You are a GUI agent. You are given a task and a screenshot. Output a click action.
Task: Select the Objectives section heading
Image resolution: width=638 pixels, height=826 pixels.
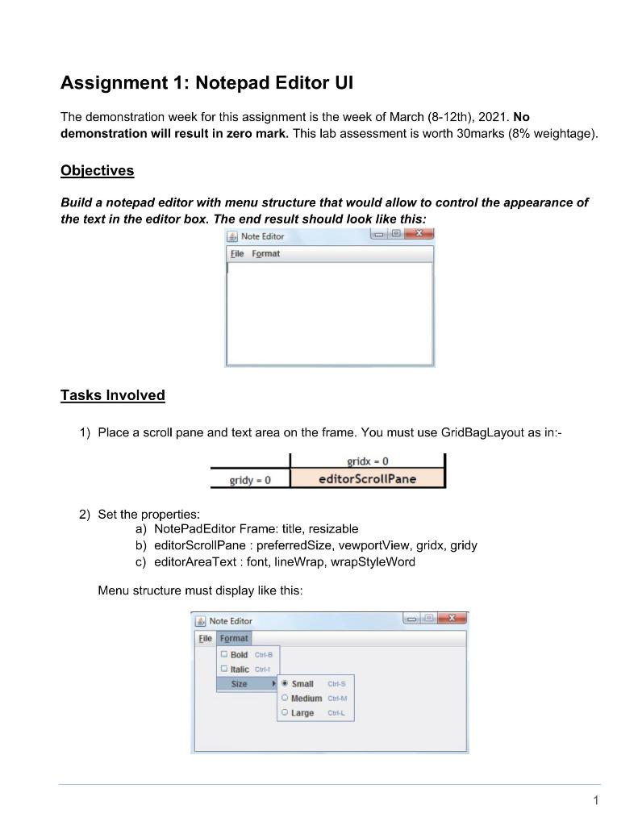(97, 170)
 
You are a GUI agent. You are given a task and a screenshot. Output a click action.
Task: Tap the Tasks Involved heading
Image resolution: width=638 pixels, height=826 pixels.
(112, 395)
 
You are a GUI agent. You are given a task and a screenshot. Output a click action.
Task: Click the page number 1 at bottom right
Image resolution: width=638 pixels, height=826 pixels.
(595, 800)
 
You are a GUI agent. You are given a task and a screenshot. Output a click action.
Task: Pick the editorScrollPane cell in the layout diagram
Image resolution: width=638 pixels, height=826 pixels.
(367, 479)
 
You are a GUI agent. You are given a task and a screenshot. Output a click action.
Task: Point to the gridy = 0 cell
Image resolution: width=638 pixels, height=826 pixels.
(249, 480)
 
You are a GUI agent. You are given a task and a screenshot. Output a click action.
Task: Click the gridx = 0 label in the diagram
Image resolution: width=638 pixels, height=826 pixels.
(367, 461)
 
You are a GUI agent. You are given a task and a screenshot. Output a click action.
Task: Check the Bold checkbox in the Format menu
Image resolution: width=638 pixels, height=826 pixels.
(224, 654)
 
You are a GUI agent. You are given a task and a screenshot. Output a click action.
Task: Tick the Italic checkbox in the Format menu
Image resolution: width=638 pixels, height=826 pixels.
(224, 669)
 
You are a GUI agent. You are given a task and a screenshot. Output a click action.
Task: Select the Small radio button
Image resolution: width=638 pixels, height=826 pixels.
(284, 683)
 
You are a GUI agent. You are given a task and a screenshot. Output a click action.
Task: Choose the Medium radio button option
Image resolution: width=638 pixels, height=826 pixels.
(284, 698)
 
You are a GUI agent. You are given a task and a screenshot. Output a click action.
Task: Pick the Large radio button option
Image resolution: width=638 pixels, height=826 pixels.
(284, 713)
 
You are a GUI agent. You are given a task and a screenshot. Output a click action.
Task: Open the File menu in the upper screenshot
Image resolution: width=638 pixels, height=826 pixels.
(236, 253)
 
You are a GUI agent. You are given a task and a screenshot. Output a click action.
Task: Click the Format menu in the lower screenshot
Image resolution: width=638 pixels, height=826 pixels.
(235, 638)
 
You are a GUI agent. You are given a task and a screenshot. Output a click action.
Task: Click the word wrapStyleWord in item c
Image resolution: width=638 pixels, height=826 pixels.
(376, 562)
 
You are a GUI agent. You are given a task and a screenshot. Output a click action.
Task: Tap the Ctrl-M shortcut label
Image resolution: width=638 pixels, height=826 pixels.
(338, 699)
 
